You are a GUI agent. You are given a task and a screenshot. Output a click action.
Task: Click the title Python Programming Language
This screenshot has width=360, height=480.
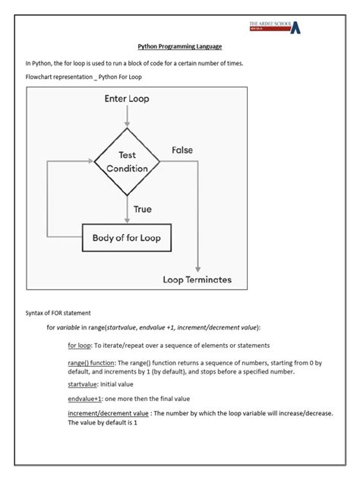point(179,47)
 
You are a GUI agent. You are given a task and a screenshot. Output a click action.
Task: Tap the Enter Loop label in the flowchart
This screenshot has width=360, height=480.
point(127,99)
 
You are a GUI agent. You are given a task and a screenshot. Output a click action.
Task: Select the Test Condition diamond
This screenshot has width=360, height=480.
point(127,161)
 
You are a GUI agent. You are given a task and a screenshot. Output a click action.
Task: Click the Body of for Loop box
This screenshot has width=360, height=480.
point(127,238)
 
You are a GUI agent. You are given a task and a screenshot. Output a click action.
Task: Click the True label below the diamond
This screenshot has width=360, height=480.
point(143,208)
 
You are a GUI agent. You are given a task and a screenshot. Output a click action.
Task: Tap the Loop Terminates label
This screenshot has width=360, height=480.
point(197,279)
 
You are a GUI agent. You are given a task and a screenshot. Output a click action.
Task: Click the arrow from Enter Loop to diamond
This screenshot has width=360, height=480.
point(127,116)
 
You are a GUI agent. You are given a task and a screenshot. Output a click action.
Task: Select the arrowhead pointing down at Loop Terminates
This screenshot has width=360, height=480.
point(197,268)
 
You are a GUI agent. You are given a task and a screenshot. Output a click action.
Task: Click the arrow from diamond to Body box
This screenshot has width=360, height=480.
point(127,207)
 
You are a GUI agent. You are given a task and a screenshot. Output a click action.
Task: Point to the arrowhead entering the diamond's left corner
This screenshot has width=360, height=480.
point(90,161)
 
